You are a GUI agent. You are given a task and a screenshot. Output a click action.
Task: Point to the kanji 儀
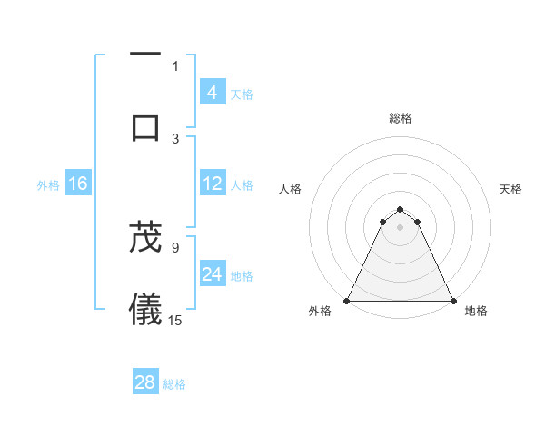click(145, 310)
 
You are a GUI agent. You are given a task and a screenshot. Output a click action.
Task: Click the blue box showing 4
click(212, 93)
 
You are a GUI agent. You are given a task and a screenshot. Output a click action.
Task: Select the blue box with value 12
click(212, 184)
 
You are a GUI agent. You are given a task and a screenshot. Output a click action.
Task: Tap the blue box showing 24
click(212, 274)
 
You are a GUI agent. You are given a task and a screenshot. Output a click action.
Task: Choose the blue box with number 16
click(78, 184)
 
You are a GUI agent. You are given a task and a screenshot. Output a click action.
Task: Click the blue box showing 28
click(145, 382)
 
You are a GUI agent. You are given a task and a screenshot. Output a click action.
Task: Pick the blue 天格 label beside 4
click(242, 94)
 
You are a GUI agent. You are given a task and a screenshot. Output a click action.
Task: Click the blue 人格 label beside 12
click(242, 184)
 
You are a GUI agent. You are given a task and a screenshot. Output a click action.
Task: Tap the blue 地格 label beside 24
click(242, 275)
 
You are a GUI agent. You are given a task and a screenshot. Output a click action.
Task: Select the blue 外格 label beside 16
click(48, 184)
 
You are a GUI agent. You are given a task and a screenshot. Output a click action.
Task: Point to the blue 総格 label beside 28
click(174, 383)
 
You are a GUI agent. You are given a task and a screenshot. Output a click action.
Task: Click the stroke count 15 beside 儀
click(175, 320)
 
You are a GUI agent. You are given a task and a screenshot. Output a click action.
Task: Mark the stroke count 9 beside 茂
click(175, 246)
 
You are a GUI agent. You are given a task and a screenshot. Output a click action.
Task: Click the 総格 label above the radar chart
click(401, 118)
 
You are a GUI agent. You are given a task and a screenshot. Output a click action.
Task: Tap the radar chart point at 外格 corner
click(347, 301)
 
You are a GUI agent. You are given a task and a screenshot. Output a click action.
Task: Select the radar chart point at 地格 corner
click(453, 301)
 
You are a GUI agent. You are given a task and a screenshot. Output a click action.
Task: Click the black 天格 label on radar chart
click(511, 189)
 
